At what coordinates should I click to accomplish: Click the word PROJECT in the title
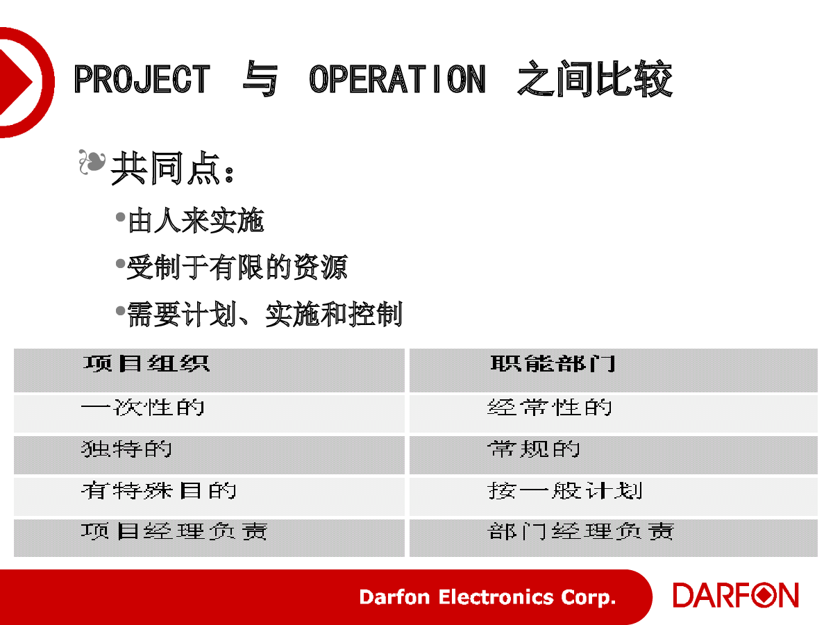point(142,78)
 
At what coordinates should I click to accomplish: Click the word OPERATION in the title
point(397,78)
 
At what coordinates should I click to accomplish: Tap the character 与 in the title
point(260,78)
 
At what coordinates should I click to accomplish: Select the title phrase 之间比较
point(595,78)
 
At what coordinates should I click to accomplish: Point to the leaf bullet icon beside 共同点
point(92,162)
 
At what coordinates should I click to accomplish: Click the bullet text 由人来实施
point(196,220)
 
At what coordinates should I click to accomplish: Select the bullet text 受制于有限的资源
point(237,267)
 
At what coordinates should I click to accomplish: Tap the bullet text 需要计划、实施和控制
point(264,314)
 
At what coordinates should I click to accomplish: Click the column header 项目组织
point(146,363)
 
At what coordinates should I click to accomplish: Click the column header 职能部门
point(553,363)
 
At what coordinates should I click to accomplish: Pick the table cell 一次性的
point(143,408)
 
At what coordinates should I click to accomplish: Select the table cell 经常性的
point(550,408)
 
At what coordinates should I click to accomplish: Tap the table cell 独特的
point(126,449)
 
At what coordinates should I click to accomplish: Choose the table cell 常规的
point(534,449)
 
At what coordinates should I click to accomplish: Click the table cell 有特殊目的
point(159,490)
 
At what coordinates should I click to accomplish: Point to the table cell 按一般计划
point(565,490)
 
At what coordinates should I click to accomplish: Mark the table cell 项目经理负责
point(174,531)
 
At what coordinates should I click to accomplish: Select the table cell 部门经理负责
point(581,531)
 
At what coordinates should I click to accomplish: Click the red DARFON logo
point(735,595)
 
